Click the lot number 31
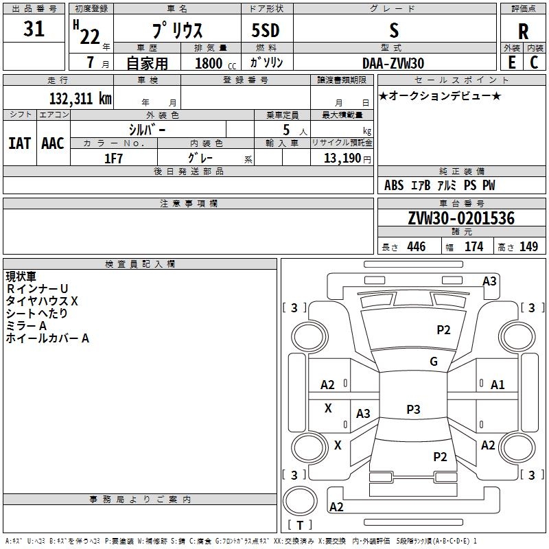point(34,28)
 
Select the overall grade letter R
point(523,32)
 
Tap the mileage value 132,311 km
point(80,98)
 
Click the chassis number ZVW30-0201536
point(461,218)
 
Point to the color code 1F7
point(113,159)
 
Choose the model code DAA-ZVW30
point(393,63)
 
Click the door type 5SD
point(266,30)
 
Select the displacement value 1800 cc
point(215,63)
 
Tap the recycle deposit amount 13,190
point(342,159)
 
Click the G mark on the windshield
point(434,361)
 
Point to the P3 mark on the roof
point(413,409)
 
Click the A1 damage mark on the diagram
point(498,385)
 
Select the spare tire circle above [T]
point(300,501)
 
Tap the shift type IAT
point(20,143)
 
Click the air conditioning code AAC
point(53,143)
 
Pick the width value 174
point(474,246)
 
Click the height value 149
point(528,246)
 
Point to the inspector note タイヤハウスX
point(42,301)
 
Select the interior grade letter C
point(534,62)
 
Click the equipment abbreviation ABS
point(394,185)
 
